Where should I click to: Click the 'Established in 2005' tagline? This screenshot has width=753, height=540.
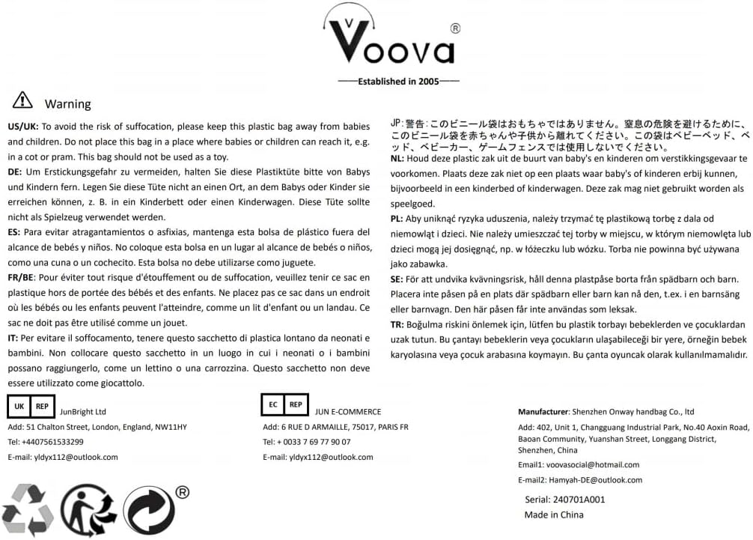398,81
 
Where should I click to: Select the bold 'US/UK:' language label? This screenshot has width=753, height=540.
23,127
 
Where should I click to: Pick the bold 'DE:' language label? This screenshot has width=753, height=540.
14,172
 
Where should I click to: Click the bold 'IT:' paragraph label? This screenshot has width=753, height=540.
13,338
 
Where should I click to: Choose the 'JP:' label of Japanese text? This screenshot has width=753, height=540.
397,123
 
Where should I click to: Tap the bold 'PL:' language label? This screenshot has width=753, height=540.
397,219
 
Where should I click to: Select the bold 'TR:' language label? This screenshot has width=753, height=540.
398,324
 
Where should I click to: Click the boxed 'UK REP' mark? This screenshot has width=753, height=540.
31,405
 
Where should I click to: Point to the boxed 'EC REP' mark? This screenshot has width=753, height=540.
284,404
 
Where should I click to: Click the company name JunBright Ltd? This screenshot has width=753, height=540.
83,411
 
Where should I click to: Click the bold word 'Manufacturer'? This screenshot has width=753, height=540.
543,411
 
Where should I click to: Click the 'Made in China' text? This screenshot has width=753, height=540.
553,515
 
